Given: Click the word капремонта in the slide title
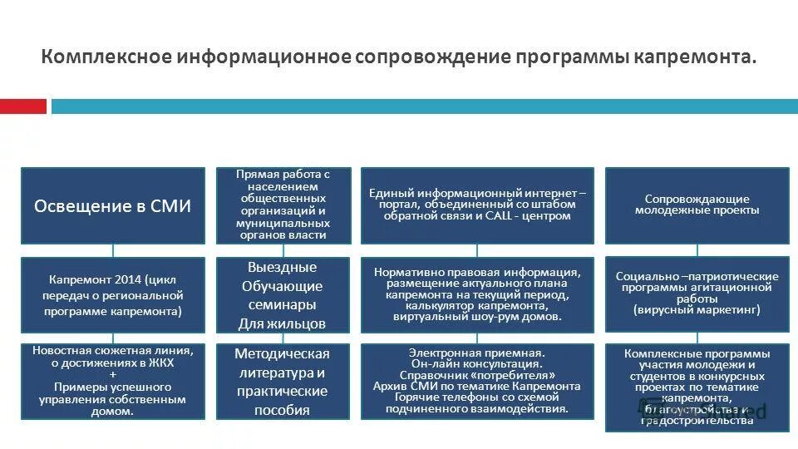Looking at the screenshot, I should click(x=698, y=57).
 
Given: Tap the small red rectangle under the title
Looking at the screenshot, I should click(x=23, y=106).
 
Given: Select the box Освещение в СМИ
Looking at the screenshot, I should click(x=112, y=205).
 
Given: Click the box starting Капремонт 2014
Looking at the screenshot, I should click(x=112, y=296).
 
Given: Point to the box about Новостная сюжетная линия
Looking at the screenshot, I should click(x=112, y=381).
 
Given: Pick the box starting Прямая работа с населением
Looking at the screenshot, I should click(x=283, y=205).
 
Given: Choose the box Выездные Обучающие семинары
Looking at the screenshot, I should click(x=283, y=296).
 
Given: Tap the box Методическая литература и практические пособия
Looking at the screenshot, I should click(x=283, y=381).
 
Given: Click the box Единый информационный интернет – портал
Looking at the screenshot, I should click(x=477, y=205).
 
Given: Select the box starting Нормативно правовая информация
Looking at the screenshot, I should click(x=477, y=296).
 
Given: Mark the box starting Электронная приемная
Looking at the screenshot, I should click(x=477, y=381).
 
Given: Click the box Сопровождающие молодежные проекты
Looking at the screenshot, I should click(x=697, y=205).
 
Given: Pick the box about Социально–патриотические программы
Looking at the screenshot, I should click(x=697, y=296).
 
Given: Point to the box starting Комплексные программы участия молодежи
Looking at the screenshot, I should click(x=697, y=387).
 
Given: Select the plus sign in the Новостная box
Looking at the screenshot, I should click(x=112, y=375).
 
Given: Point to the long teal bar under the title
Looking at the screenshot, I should click(x=424, y=106).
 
